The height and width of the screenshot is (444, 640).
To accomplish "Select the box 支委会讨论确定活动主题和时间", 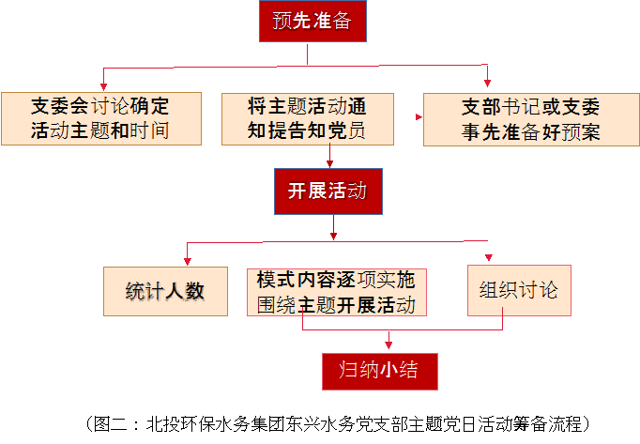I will point(101,117).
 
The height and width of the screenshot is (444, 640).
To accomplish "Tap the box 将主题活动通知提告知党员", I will point(306,117).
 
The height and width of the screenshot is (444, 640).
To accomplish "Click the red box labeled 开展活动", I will point(328,191).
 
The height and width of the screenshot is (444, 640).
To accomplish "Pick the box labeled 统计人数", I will point(165,291).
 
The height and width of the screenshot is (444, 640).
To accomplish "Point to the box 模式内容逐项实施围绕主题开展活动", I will point(336,292).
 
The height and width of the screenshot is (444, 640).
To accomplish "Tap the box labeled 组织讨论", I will point(518,290).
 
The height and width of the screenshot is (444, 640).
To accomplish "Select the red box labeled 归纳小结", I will point(380,370).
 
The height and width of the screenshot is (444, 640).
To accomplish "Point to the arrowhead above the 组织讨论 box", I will point(487,258).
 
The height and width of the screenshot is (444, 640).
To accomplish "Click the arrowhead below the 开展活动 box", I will point(332,236).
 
